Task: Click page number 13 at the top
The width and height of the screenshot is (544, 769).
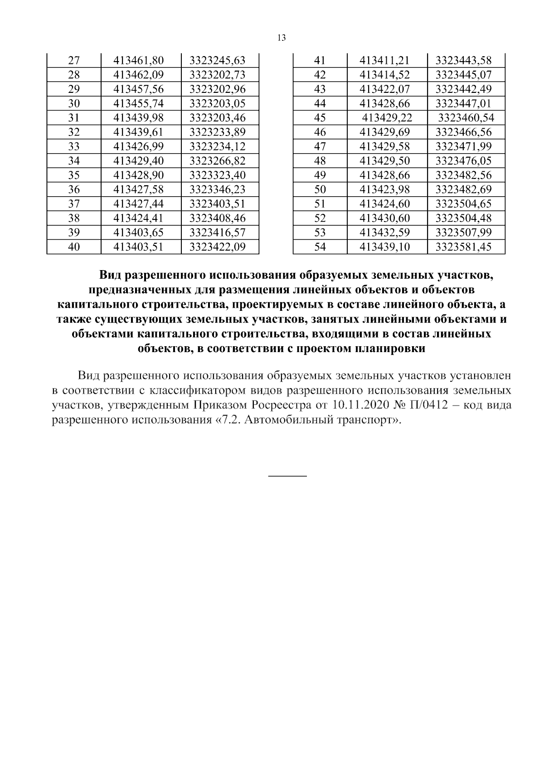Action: [281, 38]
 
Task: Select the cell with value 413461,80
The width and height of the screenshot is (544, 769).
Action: [138, 60]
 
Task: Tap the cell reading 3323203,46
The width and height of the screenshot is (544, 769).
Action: [217, 118]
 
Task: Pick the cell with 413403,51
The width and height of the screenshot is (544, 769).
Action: [138, 247]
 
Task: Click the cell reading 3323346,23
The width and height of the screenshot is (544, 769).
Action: [217, 189]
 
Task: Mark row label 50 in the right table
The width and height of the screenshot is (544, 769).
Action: [320, 189]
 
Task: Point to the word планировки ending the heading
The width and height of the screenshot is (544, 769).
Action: [390, 349]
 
